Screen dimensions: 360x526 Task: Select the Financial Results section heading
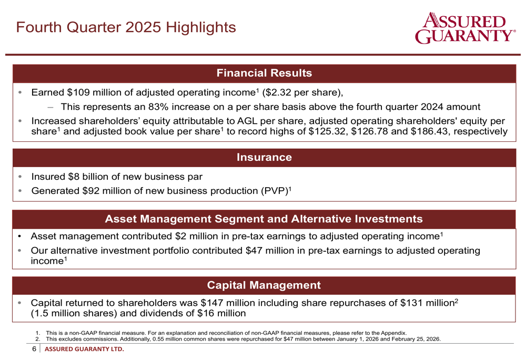[x=265, y=73]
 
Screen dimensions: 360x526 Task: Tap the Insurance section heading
[x=265, y=157]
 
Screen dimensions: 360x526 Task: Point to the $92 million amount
[x=108, y=191]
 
